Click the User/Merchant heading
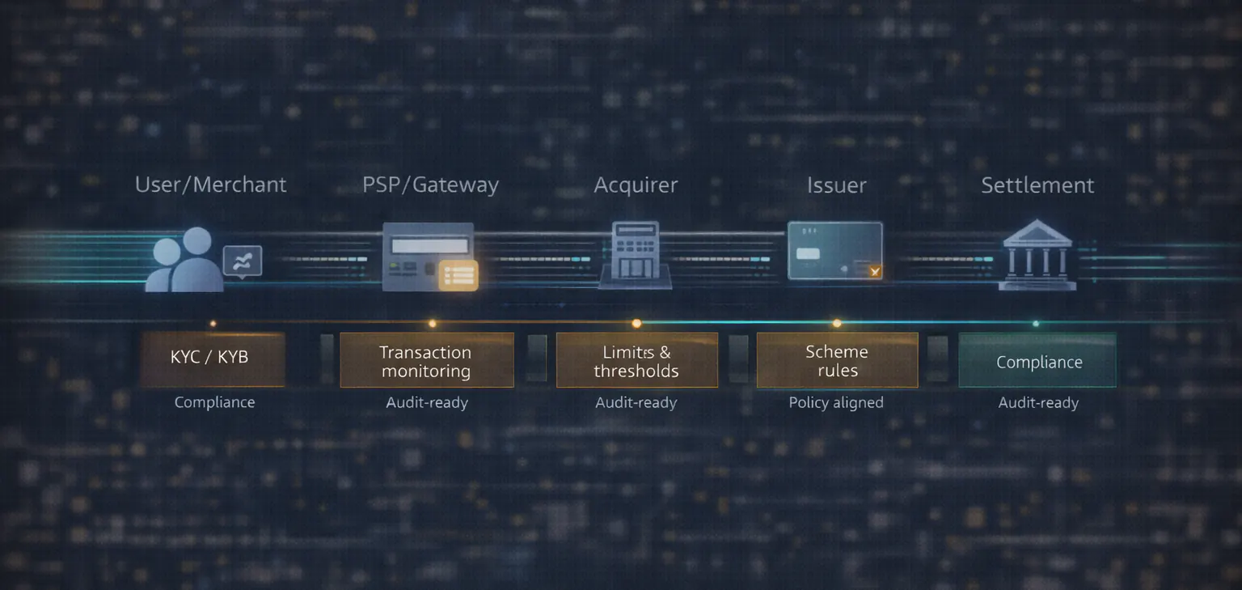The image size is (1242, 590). click(x=210, y=185)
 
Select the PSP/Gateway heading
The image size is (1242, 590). click(x=430, y=185)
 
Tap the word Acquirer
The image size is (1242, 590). click(x=636, y=185)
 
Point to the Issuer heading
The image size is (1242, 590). click(x=836, y=185)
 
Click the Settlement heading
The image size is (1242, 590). click(x=1037, y=185)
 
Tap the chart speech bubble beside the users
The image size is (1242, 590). click(x=243, y=261)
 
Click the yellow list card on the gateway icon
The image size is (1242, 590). click(x=458, y=275)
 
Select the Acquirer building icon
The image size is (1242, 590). click(x=636, y=255)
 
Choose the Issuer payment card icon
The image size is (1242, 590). click(x=834, y=251)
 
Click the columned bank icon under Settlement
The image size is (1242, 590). click(x=1037, y=255)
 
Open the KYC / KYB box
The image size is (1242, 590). click(x=212, y=359)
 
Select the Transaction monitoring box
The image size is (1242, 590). click(x=426, y=361)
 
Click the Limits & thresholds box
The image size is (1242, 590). click(x=636, y=361)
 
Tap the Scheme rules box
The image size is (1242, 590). click(x=837, y=361)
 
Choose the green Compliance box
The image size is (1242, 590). click(x=1037, y=362)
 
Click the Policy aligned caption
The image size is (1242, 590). click(x=836, y=402)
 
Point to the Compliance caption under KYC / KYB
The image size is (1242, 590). click(x=214, y=402)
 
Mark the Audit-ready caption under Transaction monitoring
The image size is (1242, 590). click(x=427, y=402)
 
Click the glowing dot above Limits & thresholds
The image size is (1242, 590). click(x=636, y=324)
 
